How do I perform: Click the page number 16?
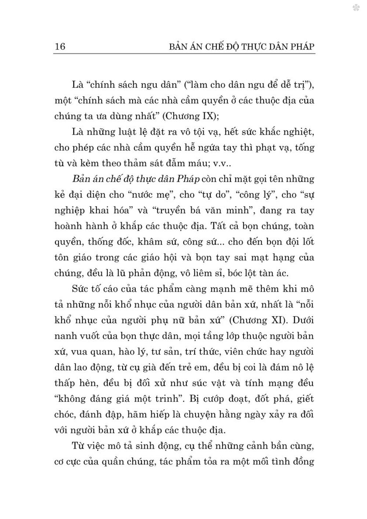tap(59, 47)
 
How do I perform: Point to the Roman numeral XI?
tap(275, 320)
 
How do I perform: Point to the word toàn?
tap(304, 226)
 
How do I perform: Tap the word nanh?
tap(65, 336)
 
